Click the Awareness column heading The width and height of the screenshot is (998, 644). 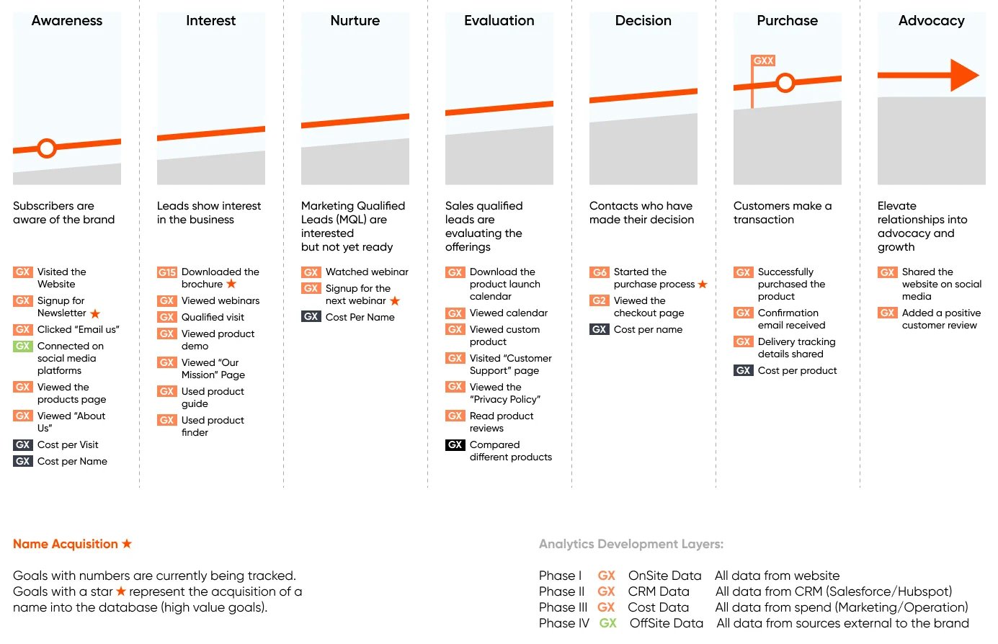(67, 20)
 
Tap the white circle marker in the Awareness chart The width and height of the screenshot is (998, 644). (46, 148)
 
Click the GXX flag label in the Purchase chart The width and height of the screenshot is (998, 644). (763, 61)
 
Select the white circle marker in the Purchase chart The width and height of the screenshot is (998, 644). (785, 83)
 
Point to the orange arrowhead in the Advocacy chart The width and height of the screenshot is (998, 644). (963, 75)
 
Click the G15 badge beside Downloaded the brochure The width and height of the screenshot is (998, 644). (166, 272)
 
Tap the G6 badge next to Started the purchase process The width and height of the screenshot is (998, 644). (600, 272)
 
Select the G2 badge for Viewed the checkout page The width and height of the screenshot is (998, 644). (600, 300)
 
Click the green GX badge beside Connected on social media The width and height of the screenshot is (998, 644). (23, 346)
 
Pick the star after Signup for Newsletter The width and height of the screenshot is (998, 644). (95, 313)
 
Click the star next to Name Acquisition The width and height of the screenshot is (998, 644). (127, 543)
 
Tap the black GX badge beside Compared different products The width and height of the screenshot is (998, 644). (455, 445)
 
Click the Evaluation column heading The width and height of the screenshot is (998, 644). (499, 20)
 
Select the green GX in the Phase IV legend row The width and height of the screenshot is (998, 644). (607, 623)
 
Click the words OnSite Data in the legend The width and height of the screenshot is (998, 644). (664, 576)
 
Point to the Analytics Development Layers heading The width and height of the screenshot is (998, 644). (631, 544)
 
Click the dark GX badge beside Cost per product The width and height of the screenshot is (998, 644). (743, 370)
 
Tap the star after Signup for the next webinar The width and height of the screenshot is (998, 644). (395, 301)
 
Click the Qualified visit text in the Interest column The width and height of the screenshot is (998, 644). (213, 317)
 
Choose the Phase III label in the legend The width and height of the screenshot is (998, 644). (563, 607)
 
